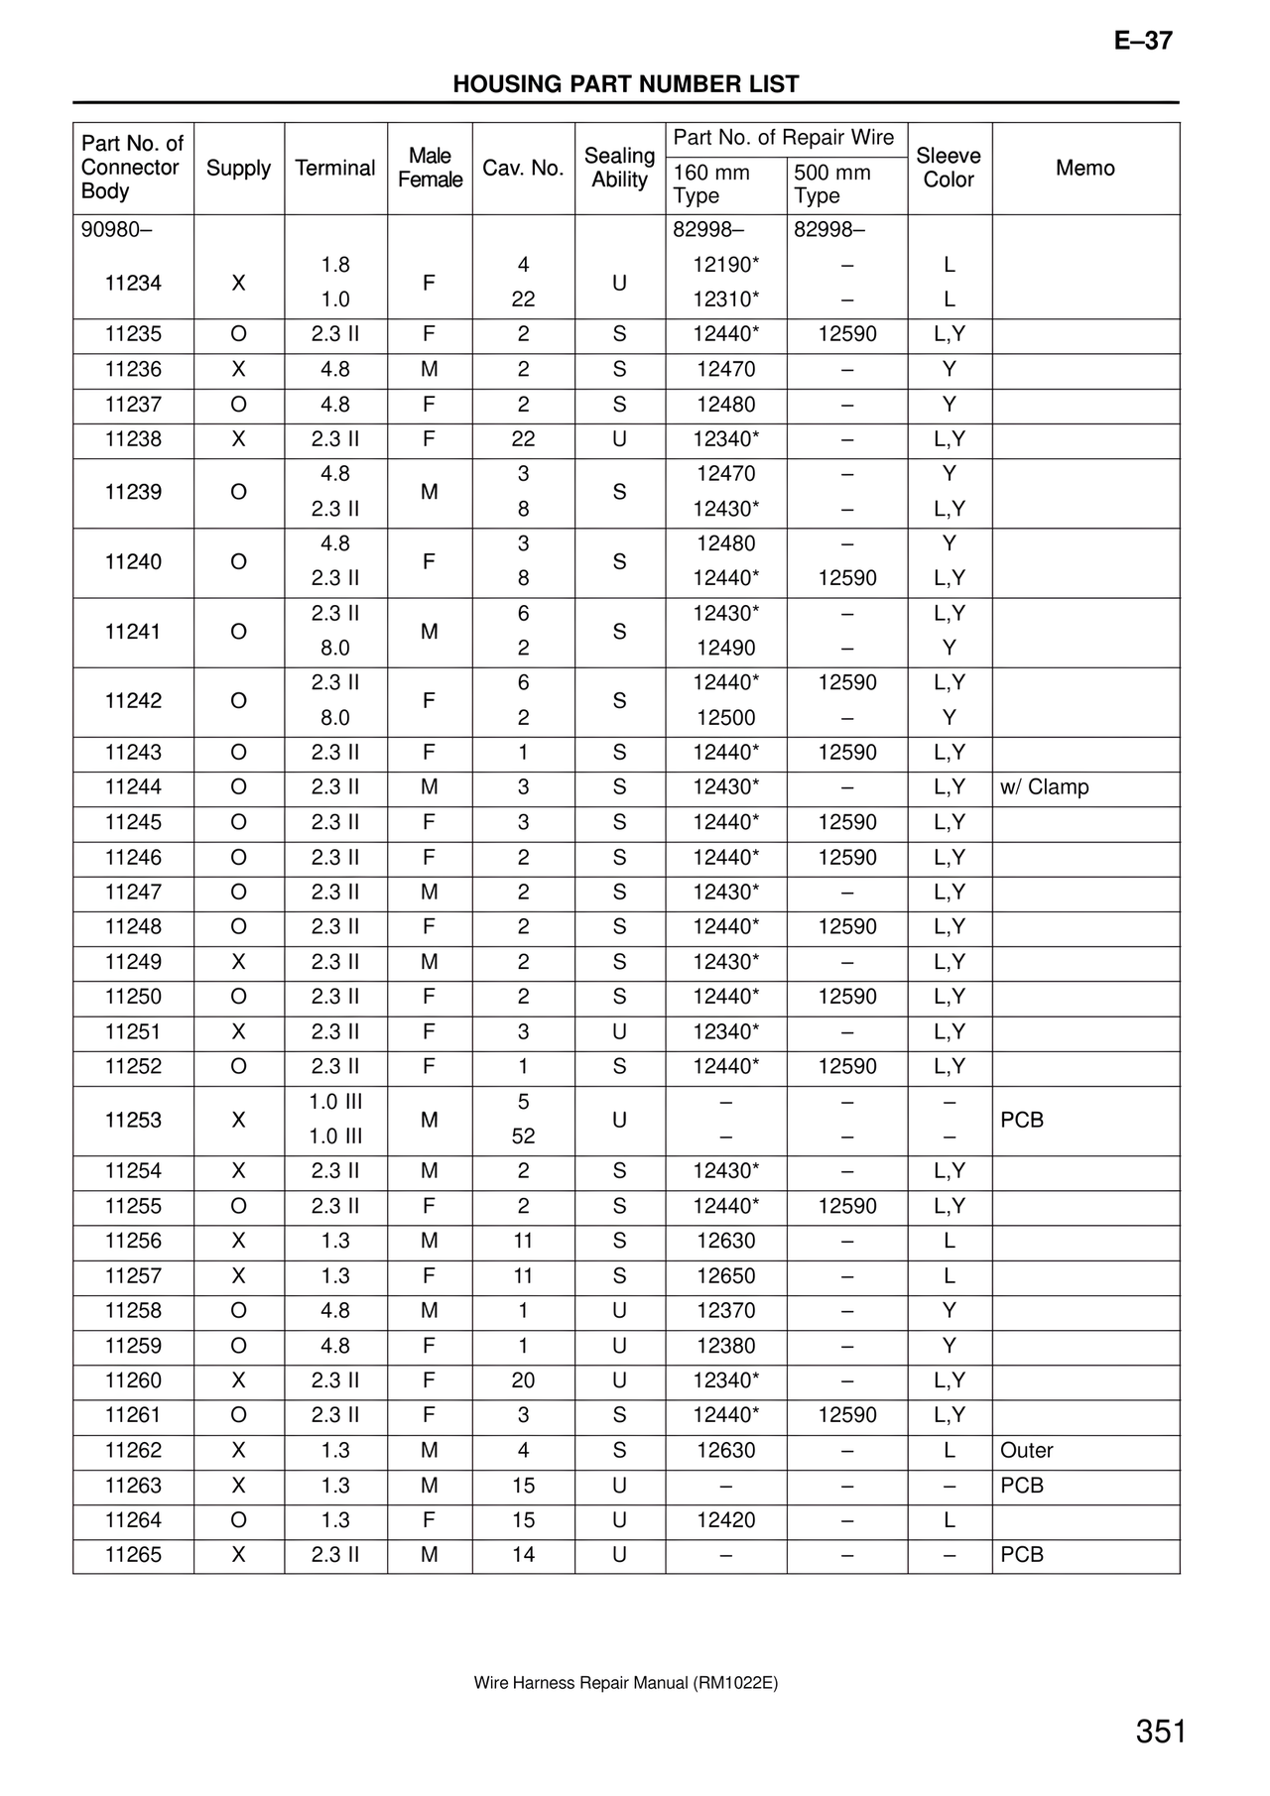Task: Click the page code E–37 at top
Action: coord(1143,41)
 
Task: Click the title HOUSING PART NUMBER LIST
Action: coord(626,84)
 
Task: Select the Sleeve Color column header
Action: coord(949,168)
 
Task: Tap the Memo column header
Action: coord(1084,168)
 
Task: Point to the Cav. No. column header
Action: coord(523,168)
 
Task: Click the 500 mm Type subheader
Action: coord(831,184)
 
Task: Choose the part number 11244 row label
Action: coord(133,787)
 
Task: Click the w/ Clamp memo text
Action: coord(1044,787)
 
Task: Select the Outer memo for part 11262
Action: coord(1026,1451)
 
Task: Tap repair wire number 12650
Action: coord(725,1276)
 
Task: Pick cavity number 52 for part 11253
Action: coord(523,1137)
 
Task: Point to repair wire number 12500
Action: coord(725,718)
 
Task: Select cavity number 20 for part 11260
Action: coord(523,1380)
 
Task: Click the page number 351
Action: coord(1161,1732)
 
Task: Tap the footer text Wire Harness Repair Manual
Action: coord(626,1683)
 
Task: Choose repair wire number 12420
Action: coord(725,1520)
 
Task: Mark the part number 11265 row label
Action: coord(133,1555)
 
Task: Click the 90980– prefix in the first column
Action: coord(116,230)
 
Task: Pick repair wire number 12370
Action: coord(725,1311)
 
